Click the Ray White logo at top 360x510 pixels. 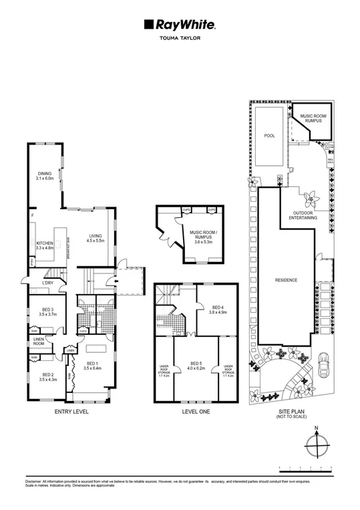(x=179, y=25)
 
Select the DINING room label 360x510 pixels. (x=43, y=176)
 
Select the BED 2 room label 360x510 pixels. (x=47, y=377)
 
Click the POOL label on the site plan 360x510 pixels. (x=269, y=135)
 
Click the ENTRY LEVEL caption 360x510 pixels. (x=71, y=412)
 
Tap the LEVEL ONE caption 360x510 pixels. (x=196, y=412)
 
